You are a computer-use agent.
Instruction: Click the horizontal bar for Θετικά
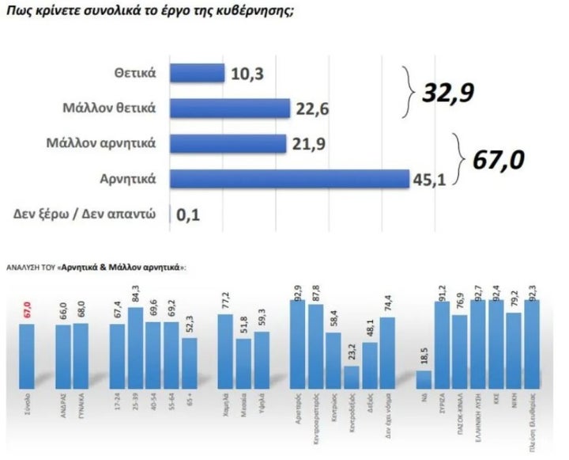point(198,73)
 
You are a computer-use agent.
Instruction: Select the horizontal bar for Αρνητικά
point(289,179)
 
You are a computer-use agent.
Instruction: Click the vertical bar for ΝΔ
point(424,380)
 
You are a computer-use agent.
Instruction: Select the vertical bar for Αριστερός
point(299,345)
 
